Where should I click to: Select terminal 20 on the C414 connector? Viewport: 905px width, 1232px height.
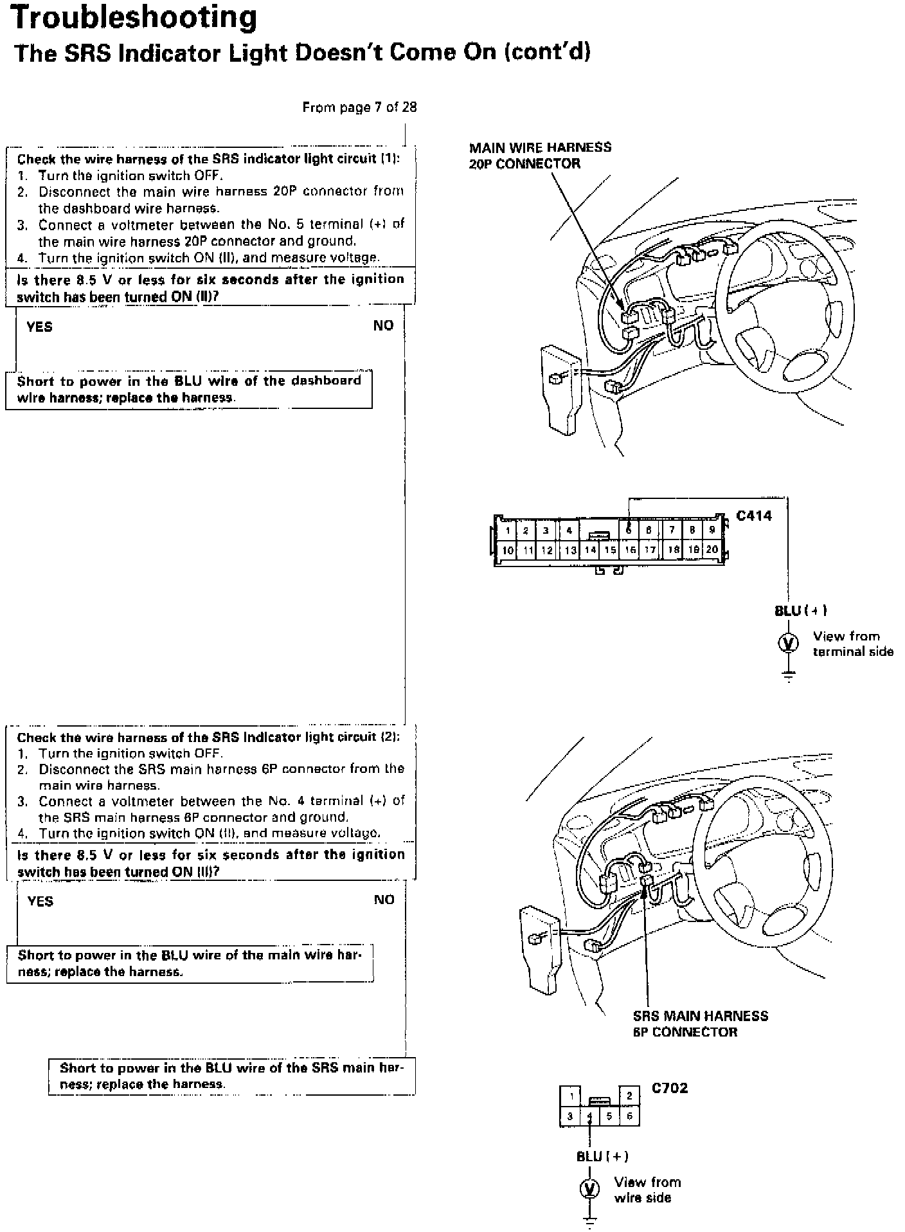(712, 550)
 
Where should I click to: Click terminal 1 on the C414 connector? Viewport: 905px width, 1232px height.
(507, 531)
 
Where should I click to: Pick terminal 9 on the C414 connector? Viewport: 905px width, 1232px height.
(712, 530)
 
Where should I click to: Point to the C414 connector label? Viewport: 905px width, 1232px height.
(754, 516)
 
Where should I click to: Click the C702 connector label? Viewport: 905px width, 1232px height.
(670, 1088)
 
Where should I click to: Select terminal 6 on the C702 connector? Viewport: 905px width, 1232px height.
(630, 1116)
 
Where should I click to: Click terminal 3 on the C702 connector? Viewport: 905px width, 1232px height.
(569, 1116)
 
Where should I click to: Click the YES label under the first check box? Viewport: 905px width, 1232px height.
(39, 327)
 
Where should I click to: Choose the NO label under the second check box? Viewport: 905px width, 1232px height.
(384, 900)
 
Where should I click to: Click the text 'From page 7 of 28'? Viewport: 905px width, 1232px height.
(359, 107)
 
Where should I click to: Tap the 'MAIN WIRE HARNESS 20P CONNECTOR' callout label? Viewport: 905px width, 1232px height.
(540, 156)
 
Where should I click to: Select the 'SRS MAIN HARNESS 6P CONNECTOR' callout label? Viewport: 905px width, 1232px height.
(700, 1024)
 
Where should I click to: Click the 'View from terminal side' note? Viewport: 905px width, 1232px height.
(852, 644)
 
